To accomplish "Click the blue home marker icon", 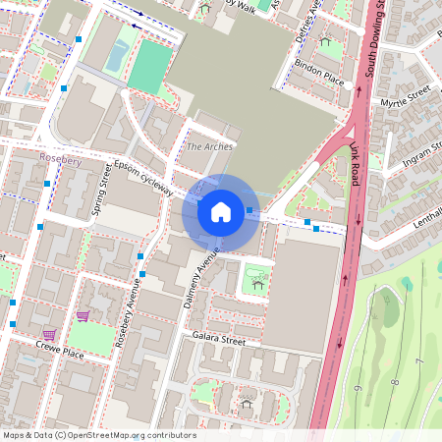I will [221, 212].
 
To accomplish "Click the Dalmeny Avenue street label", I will [202, 283].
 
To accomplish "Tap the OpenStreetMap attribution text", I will [98, 435].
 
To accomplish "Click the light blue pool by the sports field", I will [116, 56].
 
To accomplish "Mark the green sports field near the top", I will [149, 66].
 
